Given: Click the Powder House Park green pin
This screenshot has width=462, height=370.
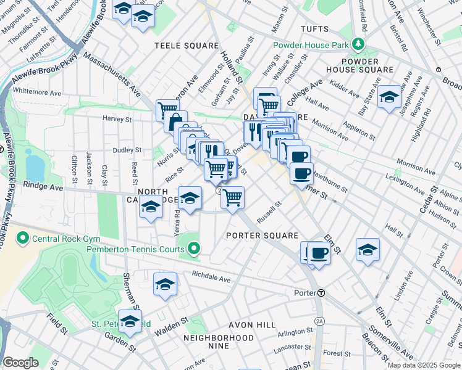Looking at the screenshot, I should [x=357, y=44].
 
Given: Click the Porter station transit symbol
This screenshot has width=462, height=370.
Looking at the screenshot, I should [x=321, y=293].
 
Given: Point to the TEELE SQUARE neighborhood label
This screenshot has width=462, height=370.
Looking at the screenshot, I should [x=187, y=46].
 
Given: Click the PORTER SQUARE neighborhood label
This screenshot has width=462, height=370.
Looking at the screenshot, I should [x=262, y=236].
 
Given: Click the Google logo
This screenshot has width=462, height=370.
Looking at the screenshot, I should [x=20, y=363].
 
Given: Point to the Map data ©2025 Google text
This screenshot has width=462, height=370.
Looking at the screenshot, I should [x=423, y=365].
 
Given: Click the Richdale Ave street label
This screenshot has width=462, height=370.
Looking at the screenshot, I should [x=211, y=277].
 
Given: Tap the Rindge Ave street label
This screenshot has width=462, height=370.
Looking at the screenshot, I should [x=43, y=184].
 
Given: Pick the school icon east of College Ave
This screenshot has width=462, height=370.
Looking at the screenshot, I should [x=389, y=97].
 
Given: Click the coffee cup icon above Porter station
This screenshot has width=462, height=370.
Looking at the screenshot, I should [x=319, y=253].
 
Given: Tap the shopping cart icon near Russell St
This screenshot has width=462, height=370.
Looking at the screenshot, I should [x=232, y=198].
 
